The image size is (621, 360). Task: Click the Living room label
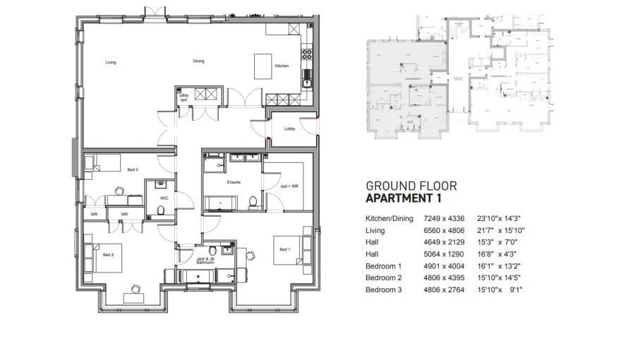(x=111, y=63)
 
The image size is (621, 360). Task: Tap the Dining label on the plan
(x=198, y=61)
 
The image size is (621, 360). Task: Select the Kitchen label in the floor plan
(x=282, y=66)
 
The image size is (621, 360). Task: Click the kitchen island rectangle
(x=265, y=66)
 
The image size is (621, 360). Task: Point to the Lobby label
(x=289, y=129)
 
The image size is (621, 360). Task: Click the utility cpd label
(x=183, y=97)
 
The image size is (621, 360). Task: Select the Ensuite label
(x=234, y=182)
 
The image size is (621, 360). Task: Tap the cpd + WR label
(x=289, y=186)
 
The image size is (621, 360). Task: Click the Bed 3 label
(x=133, y=170)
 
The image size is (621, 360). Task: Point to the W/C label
(x=164, y=199)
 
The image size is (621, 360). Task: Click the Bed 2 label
(x=108, y=254)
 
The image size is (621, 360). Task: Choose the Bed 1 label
(x=284, y=249)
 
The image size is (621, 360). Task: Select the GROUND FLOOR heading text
(x=411, y=186)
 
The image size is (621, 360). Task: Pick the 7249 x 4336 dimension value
(x=443, y=218)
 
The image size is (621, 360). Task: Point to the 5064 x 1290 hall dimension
(x=443, y=254)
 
